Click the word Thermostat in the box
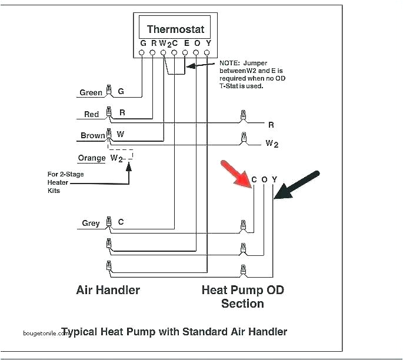point(175,29)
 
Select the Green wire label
point(91,92)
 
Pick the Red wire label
point(91,114)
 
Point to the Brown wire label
point(92,135)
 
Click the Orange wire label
point(92,158)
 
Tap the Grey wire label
point(91,223)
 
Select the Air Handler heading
point(108,290)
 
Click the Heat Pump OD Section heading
point(242,296)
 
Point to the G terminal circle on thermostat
point(142,53)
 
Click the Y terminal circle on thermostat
point(207,53)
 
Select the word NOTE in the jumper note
point(230,62)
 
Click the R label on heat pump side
point(271,125)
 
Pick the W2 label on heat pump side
point(271,143)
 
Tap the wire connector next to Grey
point(108,222)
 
